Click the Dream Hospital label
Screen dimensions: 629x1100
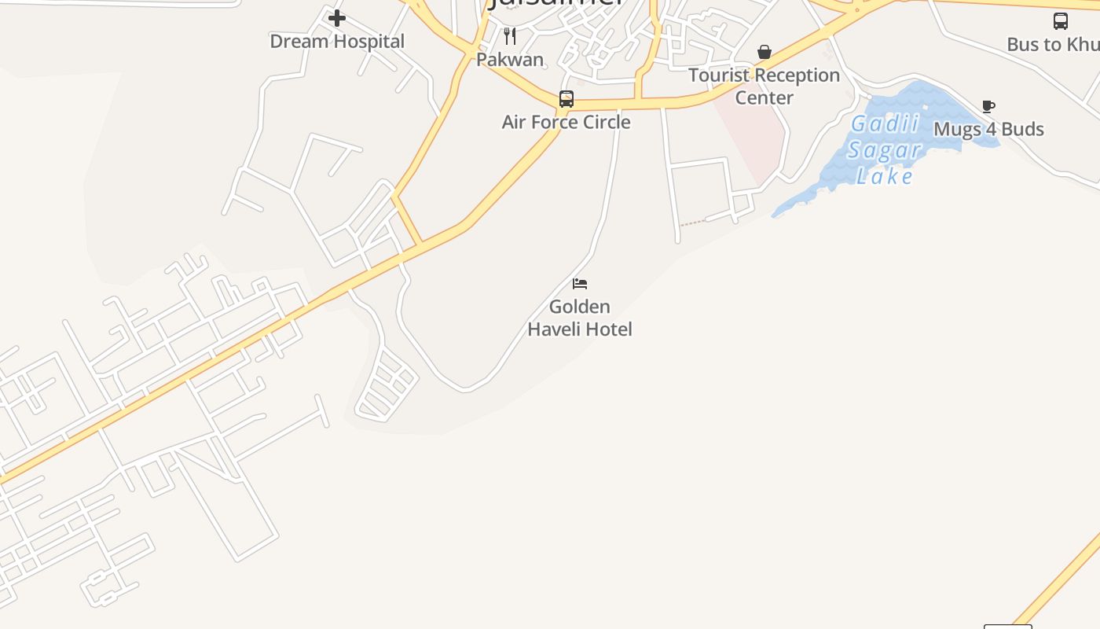[x=337, y=42]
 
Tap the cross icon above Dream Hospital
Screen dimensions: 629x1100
[x=337, y=18]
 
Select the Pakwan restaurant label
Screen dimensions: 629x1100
[x=510, y=60]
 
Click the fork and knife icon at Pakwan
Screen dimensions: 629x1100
[x=510, y=35]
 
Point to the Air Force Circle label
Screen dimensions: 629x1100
[x=566, y=122]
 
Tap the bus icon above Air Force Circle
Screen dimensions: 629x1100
[x=566, y=99]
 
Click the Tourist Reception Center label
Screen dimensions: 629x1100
[x=764, y=86]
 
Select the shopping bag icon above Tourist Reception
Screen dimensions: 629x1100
[x=764, y=53]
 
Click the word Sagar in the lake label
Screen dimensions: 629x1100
[x=884, y=150]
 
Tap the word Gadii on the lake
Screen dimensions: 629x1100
[x=885, y=125]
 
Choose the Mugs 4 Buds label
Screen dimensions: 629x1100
[x=988, y=129]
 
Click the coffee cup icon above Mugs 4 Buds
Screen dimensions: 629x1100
[x=988, y=106]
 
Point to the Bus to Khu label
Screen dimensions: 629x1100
[x=1053, y=45]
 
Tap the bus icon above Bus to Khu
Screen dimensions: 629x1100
[x=1060, y=21]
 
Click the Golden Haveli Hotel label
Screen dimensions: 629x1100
[x=580, y=318]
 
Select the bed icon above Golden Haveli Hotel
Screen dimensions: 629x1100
[x=580, y=284]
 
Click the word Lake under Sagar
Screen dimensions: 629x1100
[x=885, y=176]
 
